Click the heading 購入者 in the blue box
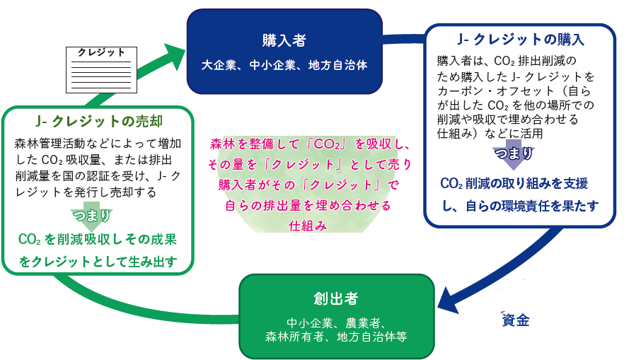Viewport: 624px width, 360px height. pos(284,40)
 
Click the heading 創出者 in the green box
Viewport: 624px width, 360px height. pos(336,298)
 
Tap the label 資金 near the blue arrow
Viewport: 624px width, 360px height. pos(516,320)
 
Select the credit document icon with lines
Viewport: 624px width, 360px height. pos(101,70)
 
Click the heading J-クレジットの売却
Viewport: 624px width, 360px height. pos(99,121)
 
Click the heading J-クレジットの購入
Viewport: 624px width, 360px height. pos(521,40)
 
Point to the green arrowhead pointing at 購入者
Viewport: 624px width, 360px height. pos(173,57)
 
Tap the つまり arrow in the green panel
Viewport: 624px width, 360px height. pos(91,218)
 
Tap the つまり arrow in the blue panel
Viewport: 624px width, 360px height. pos(514,154)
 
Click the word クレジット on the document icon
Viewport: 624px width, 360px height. pos(101,53)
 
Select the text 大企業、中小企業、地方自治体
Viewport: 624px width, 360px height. pos(284,65)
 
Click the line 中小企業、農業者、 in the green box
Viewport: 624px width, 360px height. pos(336,323)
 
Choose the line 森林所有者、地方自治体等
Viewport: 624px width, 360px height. pos(336,337)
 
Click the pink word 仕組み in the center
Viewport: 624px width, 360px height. pos(308,226)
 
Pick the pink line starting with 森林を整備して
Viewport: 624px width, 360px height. pos(310,144)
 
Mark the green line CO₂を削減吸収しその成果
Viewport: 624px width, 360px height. pos(98,240)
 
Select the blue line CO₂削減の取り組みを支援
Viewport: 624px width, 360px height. pos(514,183)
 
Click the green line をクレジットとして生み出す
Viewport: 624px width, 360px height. pos(98,262)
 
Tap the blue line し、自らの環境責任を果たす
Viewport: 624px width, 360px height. pos(521,206)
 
